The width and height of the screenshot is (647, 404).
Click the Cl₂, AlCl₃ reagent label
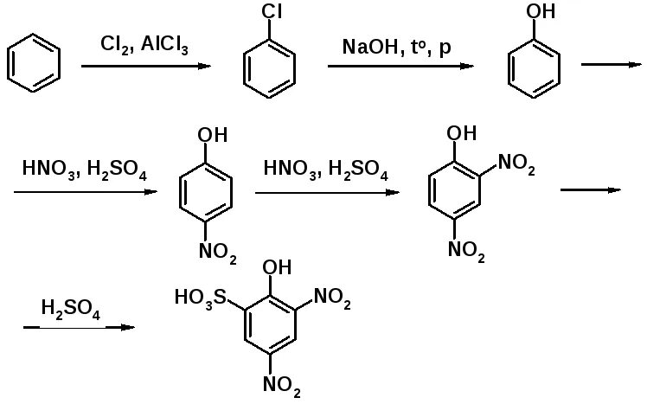pyautogui.click(x=144, y=43)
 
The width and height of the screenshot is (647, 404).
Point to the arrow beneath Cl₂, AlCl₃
pyautogui.click(x=145, y=66)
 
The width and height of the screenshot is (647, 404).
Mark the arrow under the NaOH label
pyautogui.click(x=400, y=66)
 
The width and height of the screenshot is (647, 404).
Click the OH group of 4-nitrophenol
pyautogui.click(x=213, y=135)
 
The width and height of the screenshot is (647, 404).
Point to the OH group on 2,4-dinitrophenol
pyautogui.click(x=462, y=133)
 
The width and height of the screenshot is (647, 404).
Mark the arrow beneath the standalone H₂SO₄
pyautogui.click(x=79, y=327)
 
